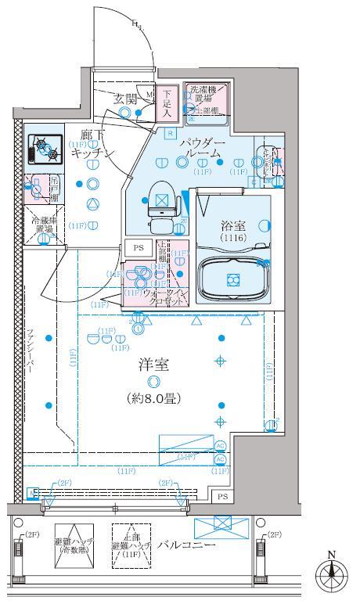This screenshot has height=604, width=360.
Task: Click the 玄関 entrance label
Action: [127, 99]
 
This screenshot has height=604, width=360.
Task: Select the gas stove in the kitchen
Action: [44, 148]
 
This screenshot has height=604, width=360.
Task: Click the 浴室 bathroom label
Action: [232, 225]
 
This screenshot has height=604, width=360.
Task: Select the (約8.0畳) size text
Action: [153, 398]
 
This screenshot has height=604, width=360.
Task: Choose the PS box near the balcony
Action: [222, 497]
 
